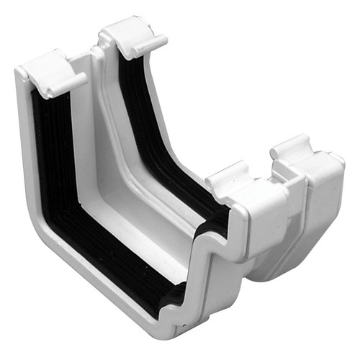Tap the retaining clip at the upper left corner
pos(48,72)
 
